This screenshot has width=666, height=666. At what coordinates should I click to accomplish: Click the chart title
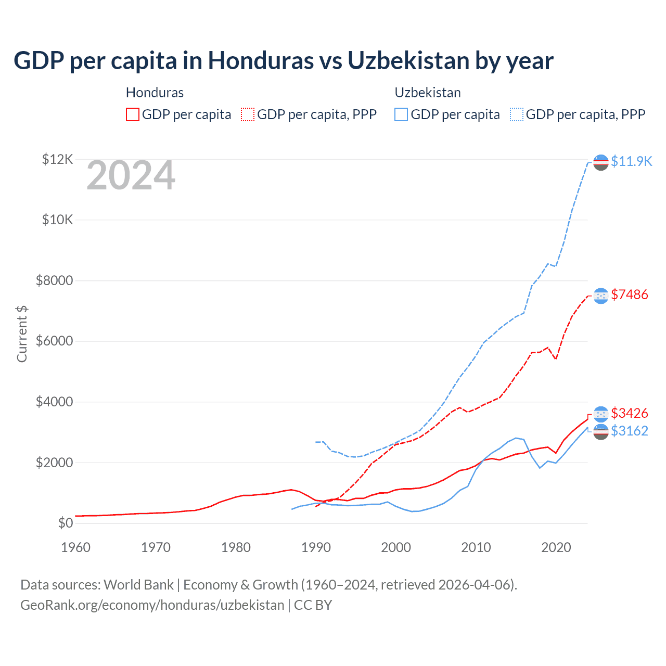[284, 61]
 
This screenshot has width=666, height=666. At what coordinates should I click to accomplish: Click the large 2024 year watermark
[131, 176]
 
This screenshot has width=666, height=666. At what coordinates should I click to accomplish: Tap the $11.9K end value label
[631, 161]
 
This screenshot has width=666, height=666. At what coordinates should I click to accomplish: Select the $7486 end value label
[630, 295]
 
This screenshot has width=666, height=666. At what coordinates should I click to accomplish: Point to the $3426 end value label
[630, 414]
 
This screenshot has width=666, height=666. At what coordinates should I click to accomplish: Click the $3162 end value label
[630, 431]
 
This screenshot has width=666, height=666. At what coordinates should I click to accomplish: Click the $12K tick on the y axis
[57, 159]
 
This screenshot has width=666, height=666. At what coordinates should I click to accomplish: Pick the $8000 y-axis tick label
[55, 281]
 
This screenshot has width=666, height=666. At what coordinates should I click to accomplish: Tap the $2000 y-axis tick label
[55, 463]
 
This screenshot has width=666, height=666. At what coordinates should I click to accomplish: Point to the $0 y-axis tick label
[66, 523]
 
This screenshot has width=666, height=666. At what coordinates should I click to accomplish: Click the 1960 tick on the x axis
[76, 547]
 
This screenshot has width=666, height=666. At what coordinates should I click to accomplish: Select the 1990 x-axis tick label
[316, 547]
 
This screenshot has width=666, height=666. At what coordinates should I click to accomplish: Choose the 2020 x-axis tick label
[556, 547]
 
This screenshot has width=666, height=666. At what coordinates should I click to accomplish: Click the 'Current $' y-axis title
[22, 334]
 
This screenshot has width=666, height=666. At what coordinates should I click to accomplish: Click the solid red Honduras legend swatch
[133, 114]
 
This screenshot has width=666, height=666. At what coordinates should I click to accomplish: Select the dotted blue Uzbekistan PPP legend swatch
[517, 114]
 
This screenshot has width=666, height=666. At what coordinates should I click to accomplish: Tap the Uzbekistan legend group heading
[428, 93]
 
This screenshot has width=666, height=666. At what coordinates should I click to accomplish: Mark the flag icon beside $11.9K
[601, 162]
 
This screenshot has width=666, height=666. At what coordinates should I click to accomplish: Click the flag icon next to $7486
[601, 296]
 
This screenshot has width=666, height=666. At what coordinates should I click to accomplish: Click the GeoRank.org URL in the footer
[152, 605]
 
